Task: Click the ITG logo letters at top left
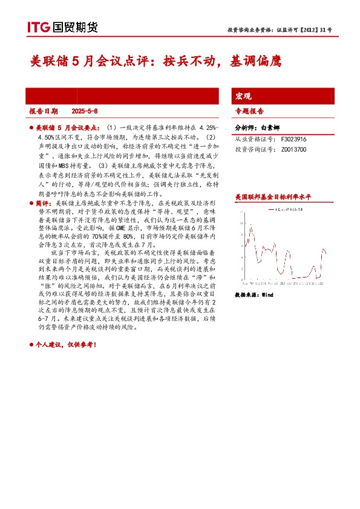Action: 38,27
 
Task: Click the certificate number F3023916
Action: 294,138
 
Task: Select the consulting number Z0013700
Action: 294,149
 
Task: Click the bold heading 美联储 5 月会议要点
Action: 68,129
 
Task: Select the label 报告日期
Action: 44,111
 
